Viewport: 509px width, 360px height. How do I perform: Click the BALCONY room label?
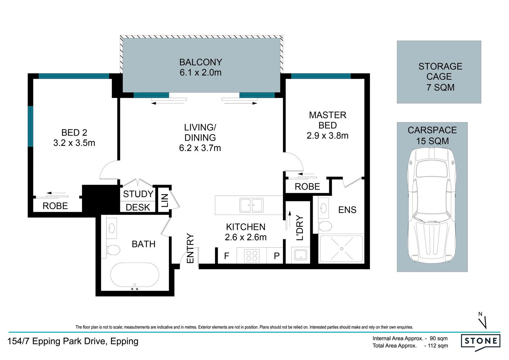pyautogui.click(x=201, y=62)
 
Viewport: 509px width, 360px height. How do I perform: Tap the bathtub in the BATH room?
pyautogui.click(x=135, y=274)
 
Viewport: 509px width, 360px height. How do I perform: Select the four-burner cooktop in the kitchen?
pyautogui.click(x=252, y=256)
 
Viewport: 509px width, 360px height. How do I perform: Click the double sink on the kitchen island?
pyautogui.click(x=252, y=205)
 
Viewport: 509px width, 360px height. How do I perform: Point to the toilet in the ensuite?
pyautogui.click(x=325, y=226)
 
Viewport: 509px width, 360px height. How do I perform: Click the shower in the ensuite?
pyautogui.click(x=341, y=249)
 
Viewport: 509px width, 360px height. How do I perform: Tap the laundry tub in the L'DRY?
pyautogui.click(x=301, y=255)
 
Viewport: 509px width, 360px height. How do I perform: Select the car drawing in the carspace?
pyautogui.click(x=432, y=205)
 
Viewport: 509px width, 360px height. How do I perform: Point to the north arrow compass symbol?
pyautogui.click(x=483, y=321)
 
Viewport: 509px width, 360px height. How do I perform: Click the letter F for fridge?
pyautogui.click(x=227, y=256)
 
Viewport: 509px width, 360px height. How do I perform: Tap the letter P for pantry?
pyautogui.click(x=276, y=256)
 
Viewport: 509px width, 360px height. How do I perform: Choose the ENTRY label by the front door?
pyautogui.click(x=190, y=248)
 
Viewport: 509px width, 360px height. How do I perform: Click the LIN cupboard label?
pyautogui.click(x=164, y=201)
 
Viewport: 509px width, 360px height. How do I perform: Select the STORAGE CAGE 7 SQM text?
pyautogui.click(x=440, y=77)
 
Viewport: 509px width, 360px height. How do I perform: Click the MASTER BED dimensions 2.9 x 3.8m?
pyautogui.click(x=327, y=136)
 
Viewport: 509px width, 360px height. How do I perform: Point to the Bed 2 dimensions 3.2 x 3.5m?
pyautogui.click(x=74, y=143)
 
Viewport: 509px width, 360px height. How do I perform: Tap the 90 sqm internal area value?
pyautogui.click(x=439, y=338)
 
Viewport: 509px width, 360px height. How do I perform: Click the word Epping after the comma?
pyautogui.click(x=124, y=341)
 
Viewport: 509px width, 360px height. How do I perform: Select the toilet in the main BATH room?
pyautogui.click(x=113, y=250)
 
